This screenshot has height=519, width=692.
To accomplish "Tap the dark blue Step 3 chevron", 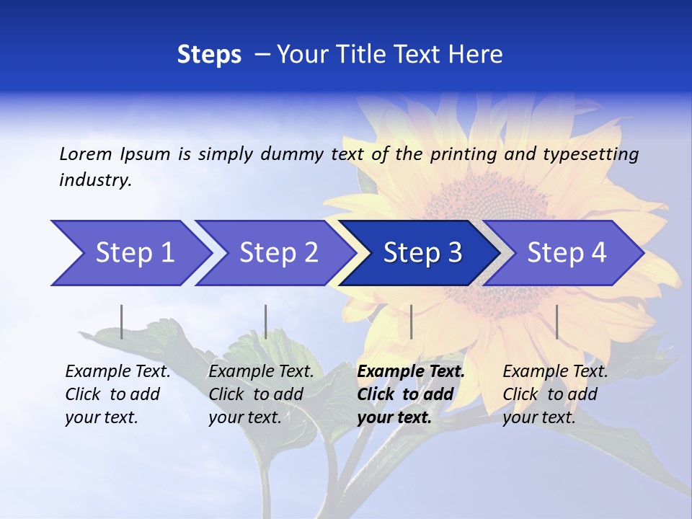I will pos(422,253).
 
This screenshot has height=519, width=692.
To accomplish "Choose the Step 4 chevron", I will pos(566,253).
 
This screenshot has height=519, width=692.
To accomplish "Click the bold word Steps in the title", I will pos(209,54).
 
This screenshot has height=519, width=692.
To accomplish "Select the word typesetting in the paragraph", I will pos(590,154).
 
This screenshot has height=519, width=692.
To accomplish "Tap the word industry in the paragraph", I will pos(94,180).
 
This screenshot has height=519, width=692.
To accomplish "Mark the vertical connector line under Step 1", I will pos(121,321).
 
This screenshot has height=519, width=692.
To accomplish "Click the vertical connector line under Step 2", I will pos(266,321).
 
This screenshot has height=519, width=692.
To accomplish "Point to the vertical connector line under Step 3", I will pos(411,321).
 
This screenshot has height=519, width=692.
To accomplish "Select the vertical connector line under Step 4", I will pos(556,321).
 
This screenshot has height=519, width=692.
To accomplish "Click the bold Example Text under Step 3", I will pos(411,372).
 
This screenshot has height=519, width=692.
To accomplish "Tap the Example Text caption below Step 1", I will pos(117,372).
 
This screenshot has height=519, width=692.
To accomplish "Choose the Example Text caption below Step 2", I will pos(261,372).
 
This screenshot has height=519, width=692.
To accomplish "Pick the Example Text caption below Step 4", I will pos(555,372).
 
